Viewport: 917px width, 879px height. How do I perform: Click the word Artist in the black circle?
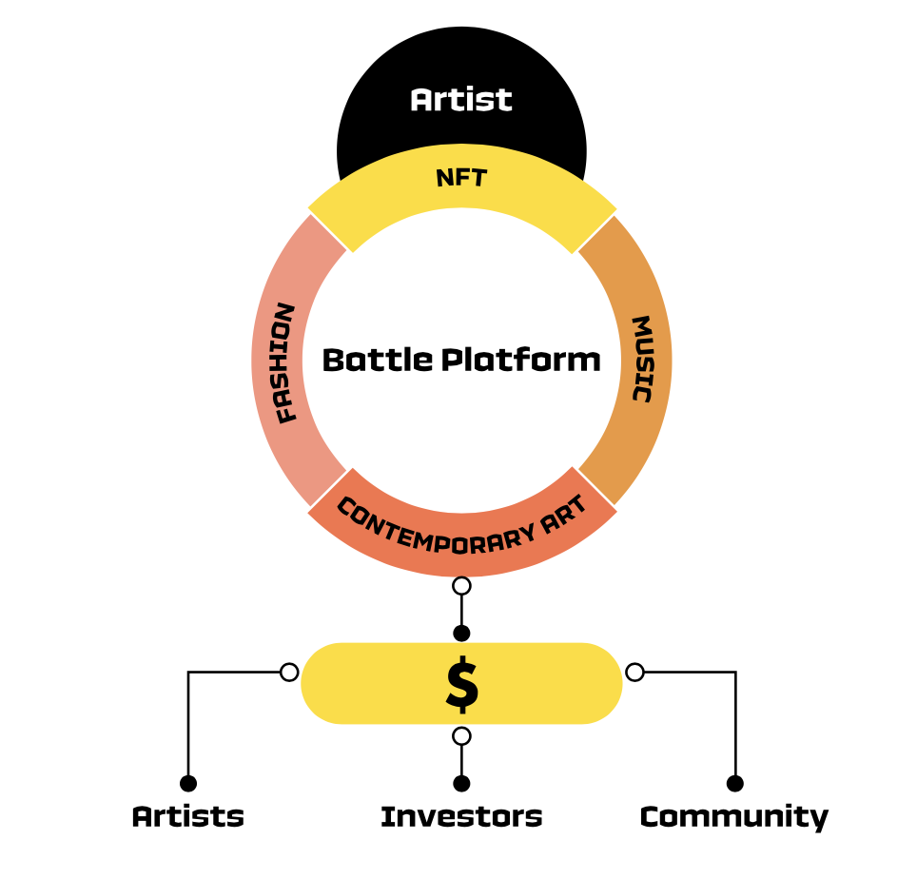pos(461,100)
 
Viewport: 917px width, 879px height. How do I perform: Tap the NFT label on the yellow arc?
pos(461,177)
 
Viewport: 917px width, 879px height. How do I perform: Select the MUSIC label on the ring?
pos(643,359)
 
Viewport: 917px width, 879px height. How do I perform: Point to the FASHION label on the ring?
pos(284,362)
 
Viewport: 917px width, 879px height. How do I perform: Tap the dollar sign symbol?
pos(462,684)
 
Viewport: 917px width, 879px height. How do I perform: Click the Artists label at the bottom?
pos(188,816)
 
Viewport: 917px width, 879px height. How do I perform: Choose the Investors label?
pos(461,816)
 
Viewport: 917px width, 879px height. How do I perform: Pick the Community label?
pos(733,816)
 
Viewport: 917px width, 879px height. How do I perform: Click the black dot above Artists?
pos(188,783)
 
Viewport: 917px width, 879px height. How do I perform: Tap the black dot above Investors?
pos(461,783)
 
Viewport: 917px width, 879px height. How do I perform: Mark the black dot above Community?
pos(734,783)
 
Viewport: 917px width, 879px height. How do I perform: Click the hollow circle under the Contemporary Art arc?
pos(461,585)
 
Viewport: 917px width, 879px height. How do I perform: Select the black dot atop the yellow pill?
pos(461,633)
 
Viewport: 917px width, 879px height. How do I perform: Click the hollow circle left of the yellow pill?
pos(289,673)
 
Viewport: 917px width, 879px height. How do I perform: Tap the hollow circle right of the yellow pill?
pos(634,673)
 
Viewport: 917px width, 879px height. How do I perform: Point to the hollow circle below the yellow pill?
pos(461,735)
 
